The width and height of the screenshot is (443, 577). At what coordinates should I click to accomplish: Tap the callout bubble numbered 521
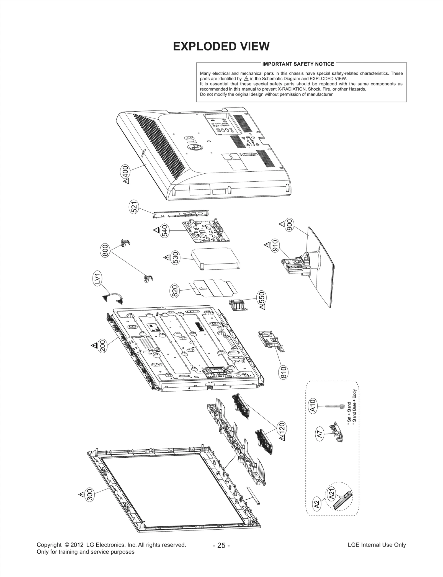134,207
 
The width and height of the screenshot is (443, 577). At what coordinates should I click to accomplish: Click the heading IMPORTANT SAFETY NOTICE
298,64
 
